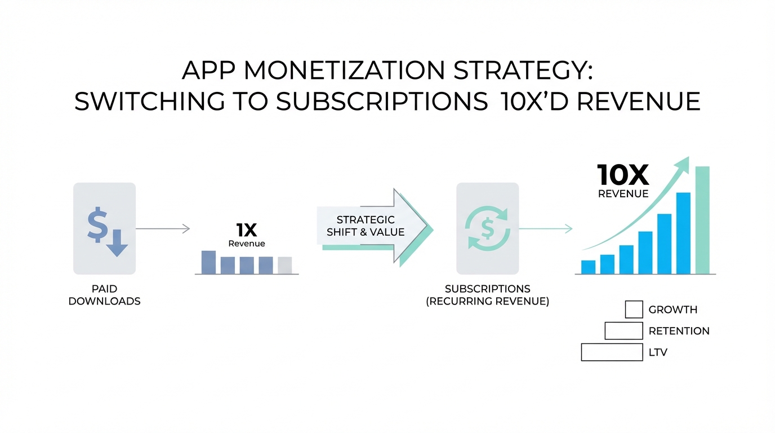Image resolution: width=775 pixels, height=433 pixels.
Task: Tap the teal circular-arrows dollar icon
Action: point(488,228)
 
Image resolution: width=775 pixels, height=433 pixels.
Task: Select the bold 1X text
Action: point(247,230)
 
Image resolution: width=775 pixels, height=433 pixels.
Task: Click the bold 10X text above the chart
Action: point(623,175)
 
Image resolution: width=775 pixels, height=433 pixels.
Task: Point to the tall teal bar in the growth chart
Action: point(702,220)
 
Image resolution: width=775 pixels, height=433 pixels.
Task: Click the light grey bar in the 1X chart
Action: point(285,266)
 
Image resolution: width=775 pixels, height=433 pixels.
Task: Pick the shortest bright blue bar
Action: point(588,267)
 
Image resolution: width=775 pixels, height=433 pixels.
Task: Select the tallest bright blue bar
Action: point(683,233)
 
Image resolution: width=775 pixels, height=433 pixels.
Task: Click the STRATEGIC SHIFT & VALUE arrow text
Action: point(366,226)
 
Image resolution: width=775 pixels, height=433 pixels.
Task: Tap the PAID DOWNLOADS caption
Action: point(105,295)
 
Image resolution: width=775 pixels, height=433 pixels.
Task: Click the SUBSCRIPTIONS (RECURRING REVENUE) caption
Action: point(488,295)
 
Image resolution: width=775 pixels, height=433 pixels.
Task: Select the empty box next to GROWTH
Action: point(634,310)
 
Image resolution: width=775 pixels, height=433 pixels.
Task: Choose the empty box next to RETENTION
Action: point(624,331)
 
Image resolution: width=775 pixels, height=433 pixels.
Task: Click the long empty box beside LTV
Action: point(612,352)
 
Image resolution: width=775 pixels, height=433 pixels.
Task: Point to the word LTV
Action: point(658,352)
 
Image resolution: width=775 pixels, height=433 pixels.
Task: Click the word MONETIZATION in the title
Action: point(344,70)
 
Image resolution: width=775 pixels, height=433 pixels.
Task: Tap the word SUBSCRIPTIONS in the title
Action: point(382,101)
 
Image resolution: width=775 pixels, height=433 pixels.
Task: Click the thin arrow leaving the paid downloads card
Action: point(163,229)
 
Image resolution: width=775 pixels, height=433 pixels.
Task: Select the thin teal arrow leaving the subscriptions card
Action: point(546,229)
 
